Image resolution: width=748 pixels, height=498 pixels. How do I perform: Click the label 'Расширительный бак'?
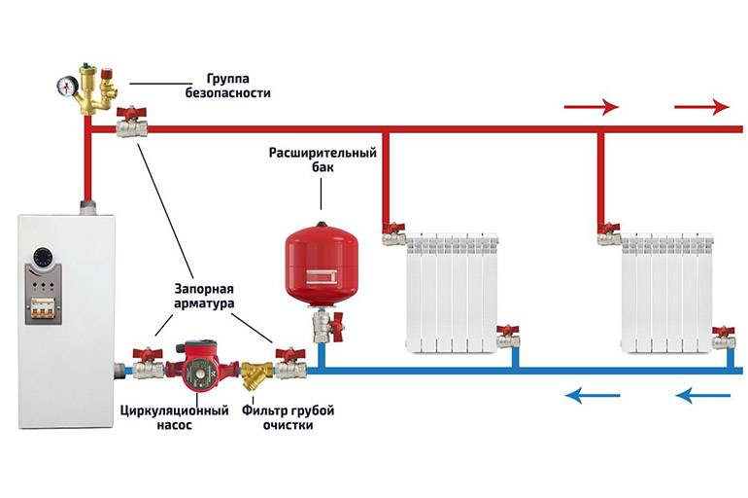click(x=322, y=161)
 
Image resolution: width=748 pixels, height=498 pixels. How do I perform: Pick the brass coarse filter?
click(x=257, y=373)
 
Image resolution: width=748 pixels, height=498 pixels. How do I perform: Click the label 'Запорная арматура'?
click(x=205, y=298)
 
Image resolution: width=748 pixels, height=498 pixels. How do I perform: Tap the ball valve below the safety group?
click(x=130, y=124)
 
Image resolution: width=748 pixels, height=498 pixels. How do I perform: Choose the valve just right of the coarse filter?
click(x=289, y=363)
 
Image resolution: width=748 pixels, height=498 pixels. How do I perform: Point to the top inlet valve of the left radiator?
click(x=393, y=233)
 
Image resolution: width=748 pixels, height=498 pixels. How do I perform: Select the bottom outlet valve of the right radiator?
click(x=722, y=337)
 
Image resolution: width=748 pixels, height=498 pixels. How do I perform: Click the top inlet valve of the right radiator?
click(x=609, y=233)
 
